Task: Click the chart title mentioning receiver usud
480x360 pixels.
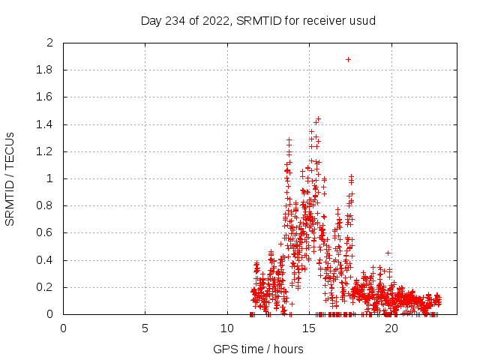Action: click(x=258, y=20)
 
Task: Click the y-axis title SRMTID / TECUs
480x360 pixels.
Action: click(x=10, y=178)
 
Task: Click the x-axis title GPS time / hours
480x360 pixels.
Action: click(x=258, y=349)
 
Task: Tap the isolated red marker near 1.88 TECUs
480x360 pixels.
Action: click(x=348, y=59)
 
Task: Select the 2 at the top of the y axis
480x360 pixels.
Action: click(x=49, y=43)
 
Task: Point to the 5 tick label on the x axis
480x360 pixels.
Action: click(x=145, y=328)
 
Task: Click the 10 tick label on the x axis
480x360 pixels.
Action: click(x=227, y=328)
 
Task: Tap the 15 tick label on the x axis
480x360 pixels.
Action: click(x=309, y=328)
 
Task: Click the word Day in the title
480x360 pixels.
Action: click(x=151, y=20)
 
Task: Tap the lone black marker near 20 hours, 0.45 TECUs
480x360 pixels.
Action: click(x=388, y=253)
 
